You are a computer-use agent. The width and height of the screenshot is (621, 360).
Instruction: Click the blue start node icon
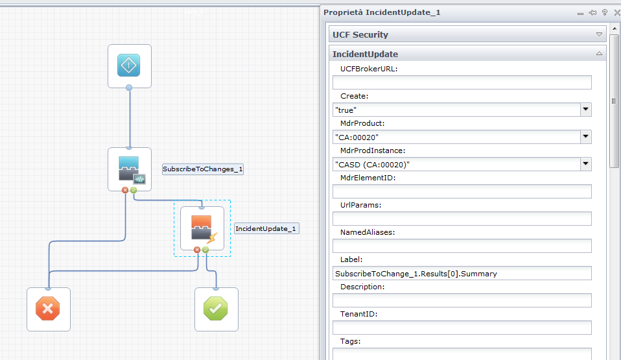click(129, 66)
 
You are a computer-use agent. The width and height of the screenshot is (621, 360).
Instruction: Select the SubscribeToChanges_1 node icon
click(129, 169)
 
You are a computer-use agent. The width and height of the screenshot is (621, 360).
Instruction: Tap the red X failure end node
click(48, 309)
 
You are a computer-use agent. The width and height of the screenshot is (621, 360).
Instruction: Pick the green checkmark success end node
click(216, 309)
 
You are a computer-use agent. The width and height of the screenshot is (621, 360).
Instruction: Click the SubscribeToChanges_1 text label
click(203, 169)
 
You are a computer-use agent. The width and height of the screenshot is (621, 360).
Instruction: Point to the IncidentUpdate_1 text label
click(266, 229)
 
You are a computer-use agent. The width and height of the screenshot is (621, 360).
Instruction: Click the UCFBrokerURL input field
click(462, 82)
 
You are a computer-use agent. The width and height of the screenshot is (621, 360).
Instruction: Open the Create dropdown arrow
click(586, 110)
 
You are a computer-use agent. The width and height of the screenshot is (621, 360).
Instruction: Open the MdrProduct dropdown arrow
click(586, 137)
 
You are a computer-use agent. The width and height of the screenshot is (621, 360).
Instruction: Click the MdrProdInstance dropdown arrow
click(586, 164)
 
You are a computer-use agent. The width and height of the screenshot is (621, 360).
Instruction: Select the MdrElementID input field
click(462, 191)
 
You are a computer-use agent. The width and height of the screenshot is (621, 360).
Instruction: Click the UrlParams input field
click(462, 219)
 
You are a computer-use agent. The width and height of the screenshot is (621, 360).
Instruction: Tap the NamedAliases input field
click(462, 246)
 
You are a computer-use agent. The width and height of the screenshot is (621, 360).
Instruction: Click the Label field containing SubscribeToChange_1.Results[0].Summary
click(462, 273)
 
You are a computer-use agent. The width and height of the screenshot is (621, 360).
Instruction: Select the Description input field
click(462, 300)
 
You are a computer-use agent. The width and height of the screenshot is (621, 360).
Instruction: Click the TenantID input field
click(462, 328)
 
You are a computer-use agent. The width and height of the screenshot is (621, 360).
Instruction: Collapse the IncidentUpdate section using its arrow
click(599, 54)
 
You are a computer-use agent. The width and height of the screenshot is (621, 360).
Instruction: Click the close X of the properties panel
click(616, 12)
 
